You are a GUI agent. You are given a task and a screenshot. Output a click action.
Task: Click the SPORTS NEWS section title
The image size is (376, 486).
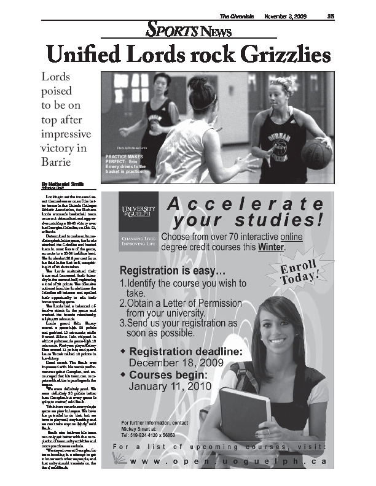(187, 29)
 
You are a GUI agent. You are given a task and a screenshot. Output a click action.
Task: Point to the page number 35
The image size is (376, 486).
(330, 15)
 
